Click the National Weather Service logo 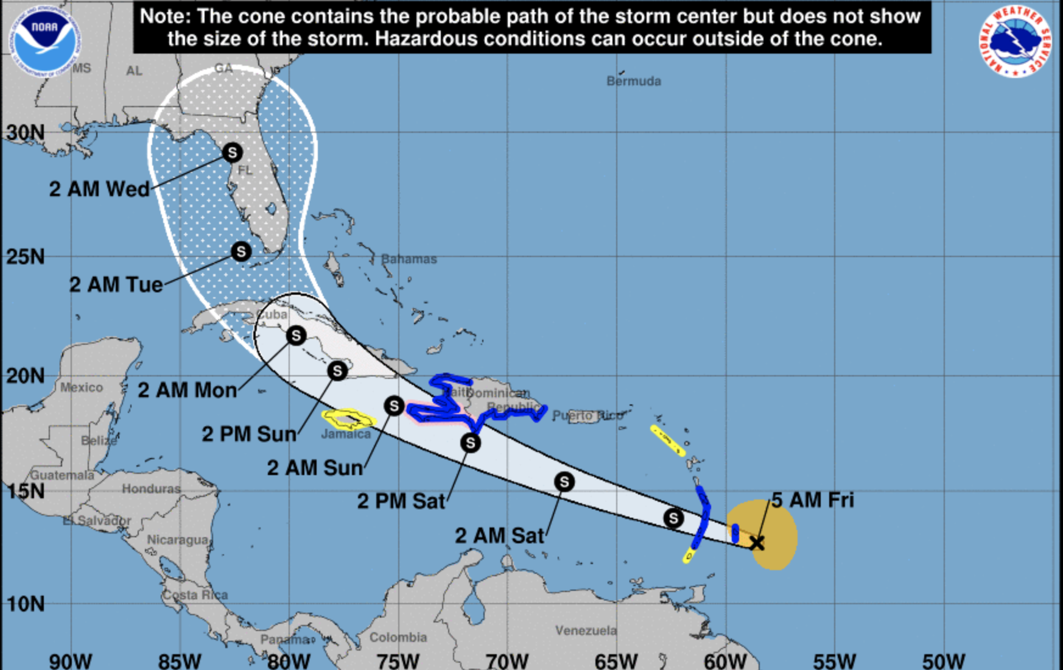point(1014,41)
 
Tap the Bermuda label point(633,81)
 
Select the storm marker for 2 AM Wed point(232,152)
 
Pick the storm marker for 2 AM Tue point(241,251)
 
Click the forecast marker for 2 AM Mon point(296,335)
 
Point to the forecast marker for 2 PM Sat point(470,443)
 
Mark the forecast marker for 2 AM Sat point(564,482)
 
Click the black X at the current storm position point(757,543)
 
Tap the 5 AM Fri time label point(813,500)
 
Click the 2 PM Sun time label point(249,434)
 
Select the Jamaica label point(345,434)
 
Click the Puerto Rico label point(588,416)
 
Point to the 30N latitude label point(25,132)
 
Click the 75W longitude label point(398,660)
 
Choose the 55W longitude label point(834,660)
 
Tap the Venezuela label point(586,630)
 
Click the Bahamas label point(409,259)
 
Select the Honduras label point(151,488)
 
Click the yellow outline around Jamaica point(349,419)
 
